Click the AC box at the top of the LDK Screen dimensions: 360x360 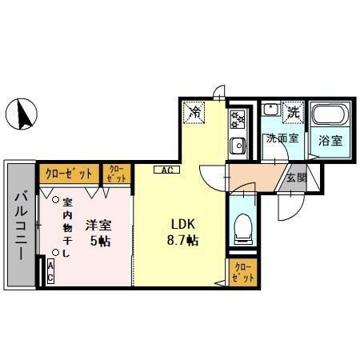167,170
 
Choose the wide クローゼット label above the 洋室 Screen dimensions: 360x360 68,172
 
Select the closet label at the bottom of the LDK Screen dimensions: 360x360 243,272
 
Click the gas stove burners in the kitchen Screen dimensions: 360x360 238,120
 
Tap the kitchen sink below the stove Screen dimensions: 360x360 238,146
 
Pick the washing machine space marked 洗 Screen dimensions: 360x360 294,113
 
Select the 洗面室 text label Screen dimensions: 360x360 282,138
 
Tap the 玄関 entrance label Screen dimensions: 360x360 294,178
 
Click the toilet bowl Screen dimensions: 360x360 242,226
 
